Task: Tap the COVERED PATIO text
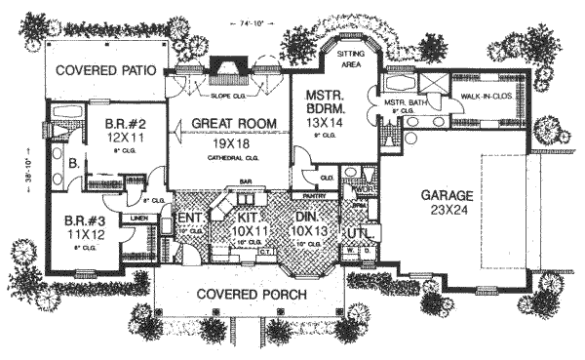107,71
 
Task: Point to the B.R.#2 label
125,124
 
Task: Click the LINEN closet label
139,217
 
